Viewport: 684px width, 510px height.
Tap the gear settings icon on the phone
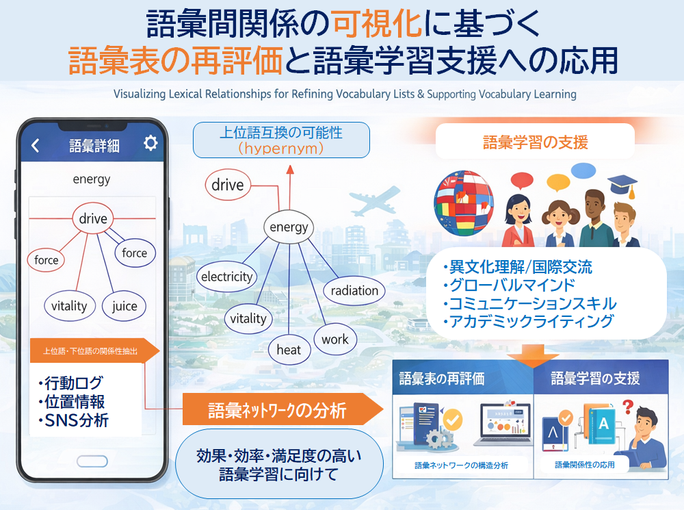150,143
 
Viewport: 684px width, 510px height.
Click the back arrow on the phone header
36,145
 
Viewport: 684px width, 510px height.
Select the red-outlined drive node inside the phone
93,219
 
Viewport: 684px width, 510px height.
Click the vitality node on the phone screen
69,306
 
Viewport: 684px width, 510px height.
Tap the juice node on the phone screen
124,306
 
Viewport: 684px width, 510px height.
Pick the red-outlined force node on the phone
47,260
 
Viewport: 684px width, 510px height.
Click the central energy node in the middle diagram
289,227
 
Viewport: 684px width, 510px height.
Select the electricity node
226,277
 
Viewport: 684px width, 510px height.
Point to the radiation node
354,290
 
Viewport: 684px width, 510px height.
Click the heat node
289,350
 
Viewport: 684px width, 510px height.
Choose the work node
335,339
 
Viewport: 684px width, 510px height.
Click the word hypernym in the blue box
280,147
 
